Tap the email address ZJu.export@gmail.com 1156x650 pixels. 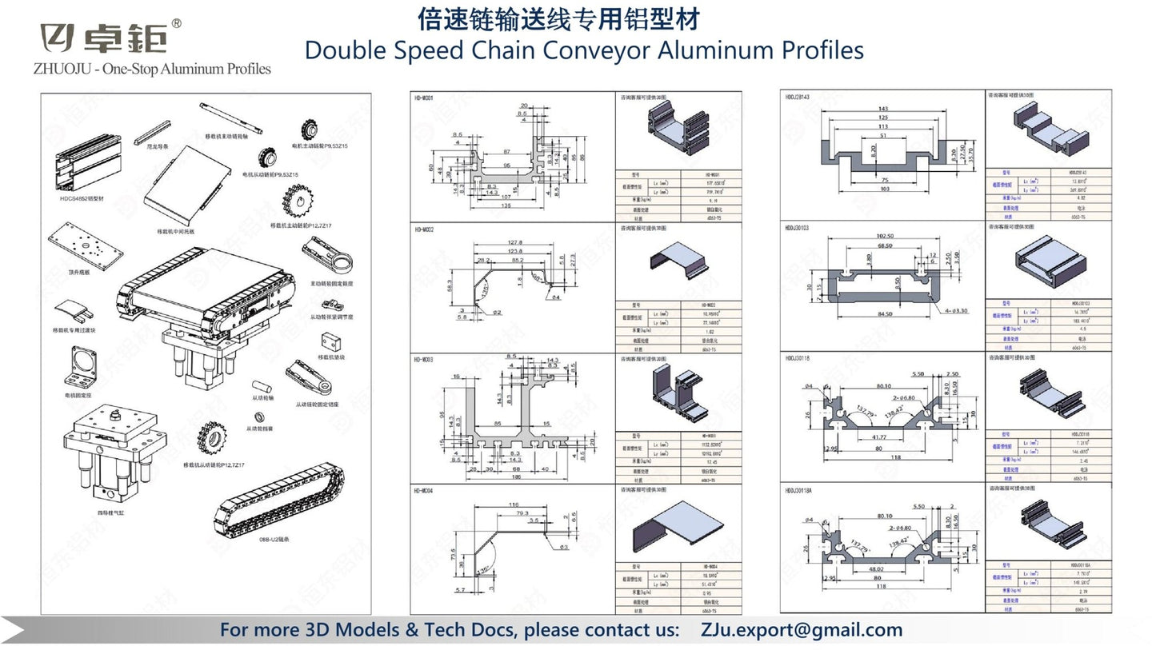click(x=802, y=630)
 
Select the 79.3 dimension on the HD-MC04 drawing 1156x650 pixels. click(x=522, y=512)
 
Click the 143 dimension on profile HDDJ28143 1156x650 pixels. click(x=883, y=109)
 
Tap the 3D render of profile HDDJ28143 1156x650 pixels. click(x=1048, y=129)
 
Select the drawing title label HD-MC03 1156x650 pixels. click(x=423, y=360)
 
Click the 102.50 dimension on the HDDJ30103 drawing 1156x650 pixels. click(x=883, y=237)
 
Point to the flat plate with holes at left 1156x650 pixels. click(x=86, y=245)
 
